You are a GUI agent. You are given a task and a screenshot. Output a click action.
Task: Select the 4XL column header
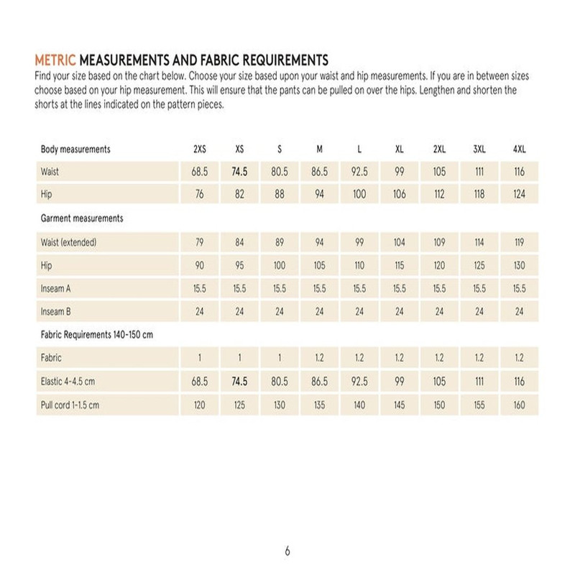519,149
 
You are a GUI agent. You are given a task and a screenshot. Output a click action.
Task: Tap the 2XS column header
200,149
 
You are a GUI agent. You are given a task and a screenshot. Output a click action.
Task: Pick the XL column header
400,149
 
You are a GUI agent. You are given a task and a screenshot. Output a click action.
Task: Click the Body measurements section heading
75,149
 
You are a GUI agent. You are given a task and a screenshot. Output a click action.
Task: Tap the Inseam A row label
57,287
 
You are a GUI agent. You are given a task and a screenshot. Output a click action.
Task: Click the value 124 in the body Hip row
519,195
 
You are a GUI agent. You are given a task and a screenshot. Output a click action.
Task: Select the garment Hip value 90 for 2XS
200,265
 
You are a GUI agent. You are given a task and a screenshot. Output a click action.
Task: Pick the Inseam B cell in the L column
359,311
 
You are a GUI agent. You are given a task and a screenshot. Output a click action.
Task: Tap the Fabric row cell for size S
280,358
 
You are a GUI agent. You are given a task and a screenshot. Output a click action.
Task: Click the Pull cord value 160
519,405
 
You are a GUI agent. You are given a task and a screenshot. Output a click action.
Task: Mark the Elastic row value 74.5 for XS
239,382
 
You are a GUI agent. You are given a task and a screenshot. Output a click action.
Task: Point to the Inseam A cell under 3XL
479,287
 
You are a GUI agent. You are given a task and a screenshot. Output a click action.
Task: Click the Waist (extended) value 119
519,242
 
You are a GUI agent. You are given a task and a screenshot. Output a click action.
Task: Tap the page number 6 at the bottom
287,552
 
